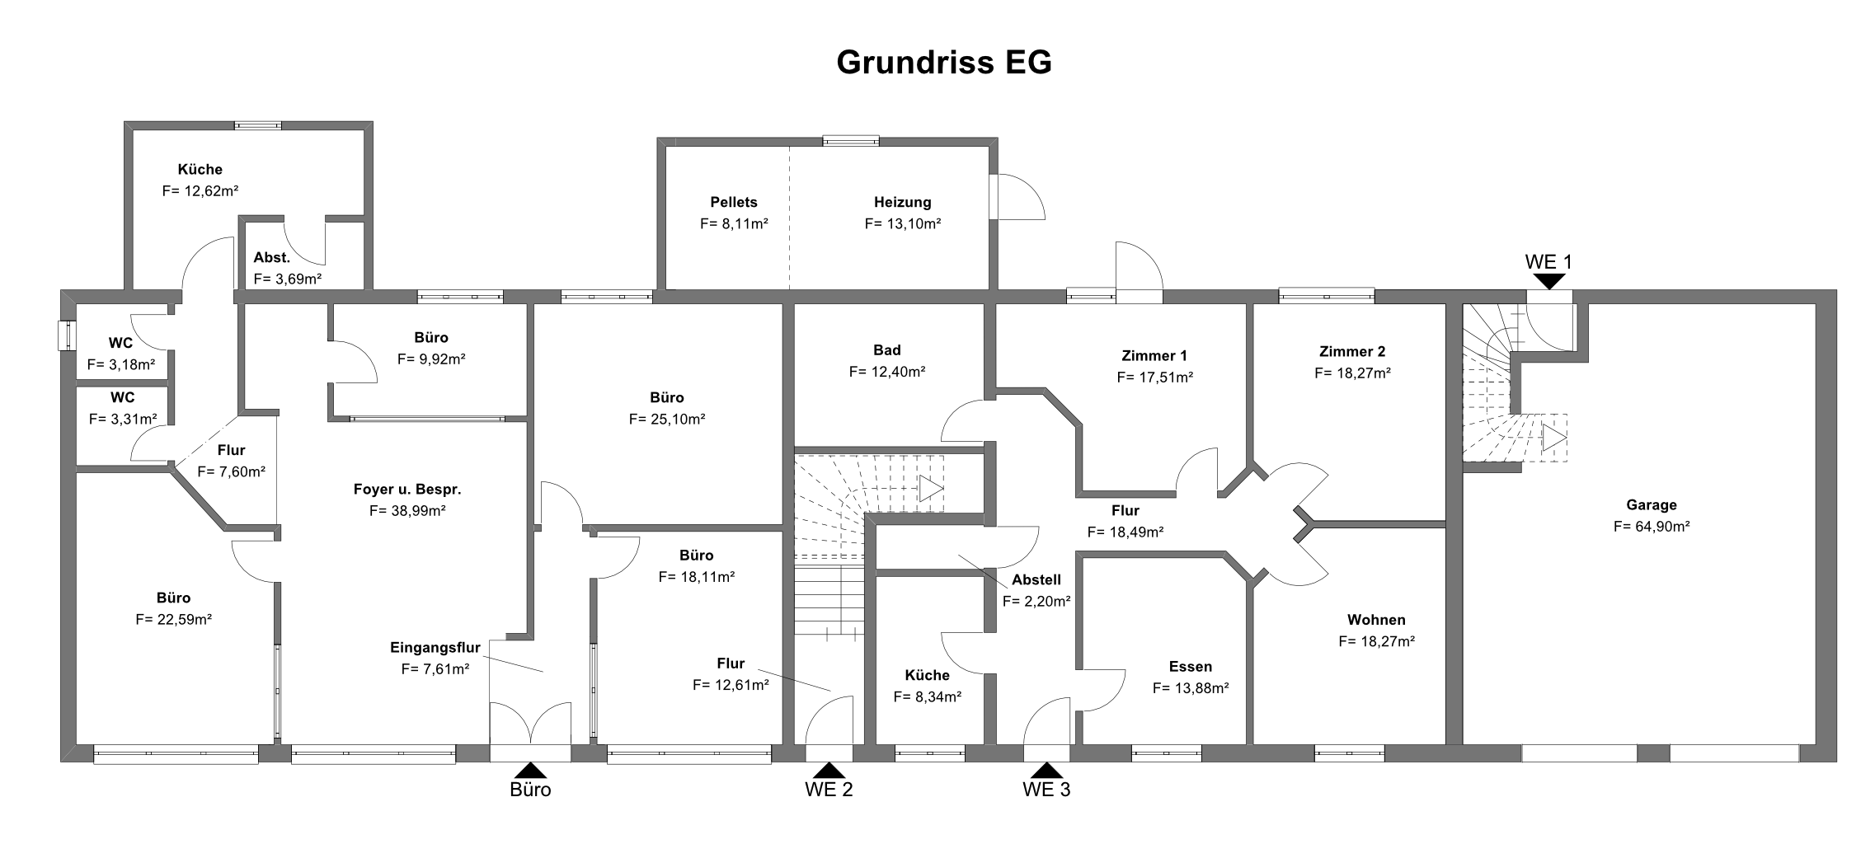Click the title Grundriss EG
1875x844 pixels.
click(944, 63)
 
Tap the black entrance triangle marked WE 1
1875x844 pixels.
click(1550, 281)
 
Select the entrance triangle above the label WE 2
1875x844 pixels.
click(829, 770)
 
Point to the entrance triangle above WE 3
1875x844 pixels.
click(1047, 770)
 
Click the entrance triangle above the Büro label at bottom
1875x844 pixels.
click(530, 770)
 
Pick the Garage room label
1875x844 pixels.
click(1652, 505)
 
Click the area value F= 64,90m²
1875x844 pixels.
click(1652, 527)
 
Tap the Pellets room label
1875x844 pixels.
click(734, 202)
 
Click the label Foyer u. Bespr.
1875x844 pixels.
click(407, 489)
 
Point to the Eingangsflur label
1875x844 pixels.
click(435, 648)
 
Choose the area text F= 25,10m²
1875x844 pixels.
click(667, 419)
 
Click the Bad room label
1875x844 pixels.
click(887, 350)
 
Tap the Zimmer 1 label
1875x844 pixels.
click(1154, 356)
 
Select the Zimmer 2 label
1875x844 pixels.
click(1352, 352)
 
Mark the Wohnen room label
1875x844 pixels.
click(1376, 620)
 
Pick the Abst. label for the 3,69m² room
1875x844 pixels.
click(272, 258)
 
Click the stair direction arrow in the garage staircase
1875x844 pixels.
click(1554, 438)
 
